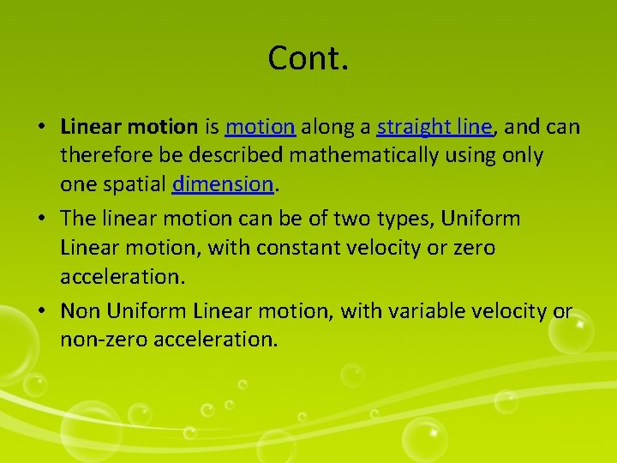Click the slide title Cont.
tap(308, 58)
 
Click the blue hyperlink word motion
tap(261, 128)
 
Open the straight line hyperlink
tap(434, 128)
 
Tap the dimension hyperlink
tap(222, 184)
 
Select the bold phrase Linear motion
tap(129, 128)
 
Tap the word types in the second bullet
tap(407, 219)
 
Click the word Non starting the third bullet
tap(80, 310)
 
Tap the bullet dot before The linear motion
tap(41, 219)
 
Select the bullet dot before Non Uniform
tap(41, 311)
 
